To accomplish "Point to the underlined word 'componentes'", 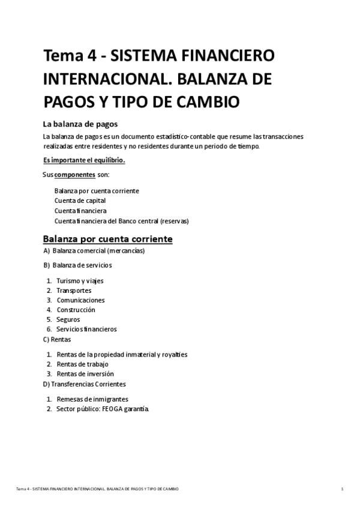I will point(74,175).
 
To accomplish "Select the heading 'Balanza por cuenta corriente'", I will point(107,239).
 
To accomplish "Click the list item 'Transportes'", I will point(74,291).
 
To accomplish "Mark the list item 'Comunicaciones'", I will point(80,300).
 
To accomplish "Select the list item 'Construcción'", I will point(76,310).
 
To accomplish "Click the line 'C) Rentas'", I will point(57,339).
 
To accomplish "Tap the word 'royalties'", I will point(173,354).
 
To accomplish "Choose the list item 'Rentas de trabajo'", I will point(82,364).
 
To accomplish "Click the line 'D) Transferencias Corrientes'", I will point(84,384).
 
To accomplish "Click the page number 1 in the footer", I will point(342,489).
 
